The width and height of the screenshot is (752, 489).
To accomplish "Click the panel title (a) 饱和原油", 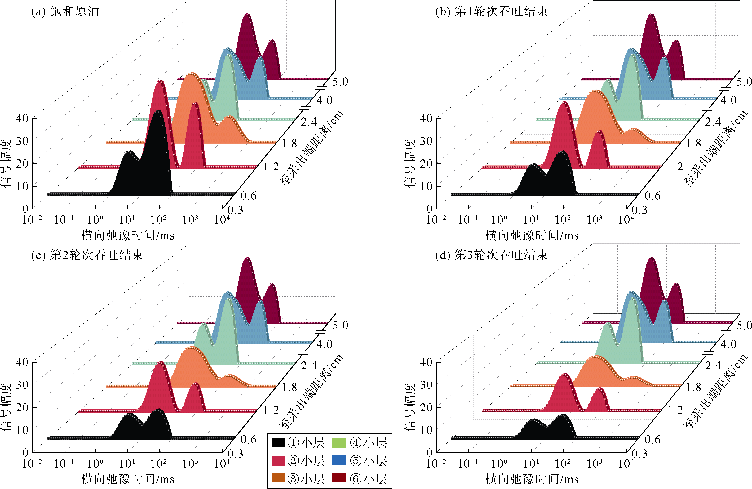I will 65,12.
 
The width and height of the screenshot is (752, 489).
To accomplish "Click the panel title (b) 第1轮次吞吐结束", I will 491,12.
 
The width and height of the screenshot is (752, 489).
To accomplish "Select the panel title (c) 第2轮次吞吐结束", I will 87,255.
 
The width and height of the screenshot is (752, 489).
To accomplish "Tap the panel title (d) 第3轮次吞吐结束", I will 491,255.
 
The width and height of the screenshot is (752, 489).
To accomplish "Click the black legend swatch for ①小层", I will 278,443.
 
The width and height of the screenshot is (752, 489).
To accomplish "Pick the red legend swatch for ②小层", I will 278,461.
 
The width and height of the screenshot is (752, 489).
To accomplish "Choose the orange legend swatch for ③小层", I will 278,478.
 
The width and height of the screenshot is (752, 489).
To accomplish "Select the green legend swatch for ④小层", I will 339,443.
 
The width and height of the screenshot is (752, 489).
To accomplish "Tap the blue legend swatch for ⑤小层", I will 339,461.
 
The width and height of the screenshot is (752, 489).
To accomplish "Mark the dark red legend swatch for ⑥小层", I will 339,478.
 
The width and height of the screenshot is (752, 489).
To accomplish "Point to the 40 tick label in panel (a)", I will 22,119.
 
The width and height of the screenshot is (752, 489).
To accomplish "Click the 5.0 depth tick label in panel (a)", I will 340,82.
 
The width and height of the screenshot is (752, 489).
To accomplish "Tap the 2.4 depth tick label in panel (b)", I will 713,122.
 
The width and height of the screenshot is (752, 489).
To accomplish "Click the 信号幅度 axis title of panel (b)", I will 410,164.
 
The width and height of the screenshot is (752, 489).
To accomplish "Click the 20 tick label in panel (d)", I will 426,407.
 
